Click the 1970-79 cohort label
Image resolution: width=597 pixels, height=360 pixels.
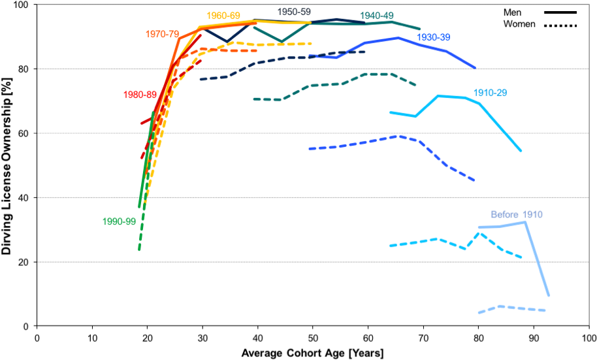(161, 34)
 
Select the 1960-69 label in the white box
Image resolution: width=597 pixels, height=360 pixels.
(223, 15)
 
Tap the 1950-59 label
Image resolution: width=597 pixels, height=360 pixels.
(294, 12)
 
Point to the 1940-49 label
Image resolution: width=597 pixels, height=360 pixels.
(377, 15)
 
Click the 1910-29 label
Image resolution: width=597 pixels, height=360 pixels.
(490, 92)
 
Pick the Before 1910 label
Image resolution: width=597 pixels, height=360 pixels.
(517, 214)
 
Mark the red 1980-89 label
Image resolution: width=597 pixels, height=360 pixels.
(140, 94)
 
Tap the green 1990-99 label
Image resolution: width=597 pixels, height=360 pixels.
(119, 221)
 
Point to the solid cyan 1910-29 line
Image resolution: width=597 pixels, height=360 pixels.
(451, 96)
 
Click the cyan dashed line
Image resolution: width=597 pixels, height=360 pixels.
(425, 240)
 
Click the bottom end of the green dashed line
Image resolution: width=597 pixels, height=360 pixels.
(139, 250)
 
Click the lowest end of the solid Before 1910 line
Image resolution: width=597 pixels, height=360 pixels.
(549, 295)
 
